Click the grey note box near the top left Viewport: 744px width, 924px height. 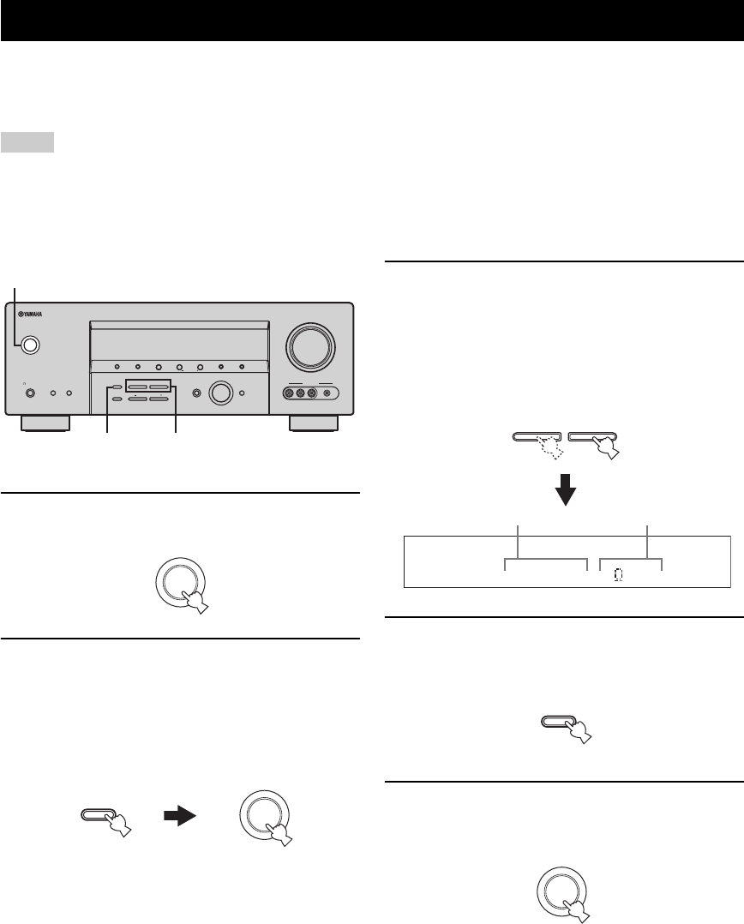point(28,141)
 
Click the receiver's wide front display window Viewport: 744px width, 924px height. point(179,343)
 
